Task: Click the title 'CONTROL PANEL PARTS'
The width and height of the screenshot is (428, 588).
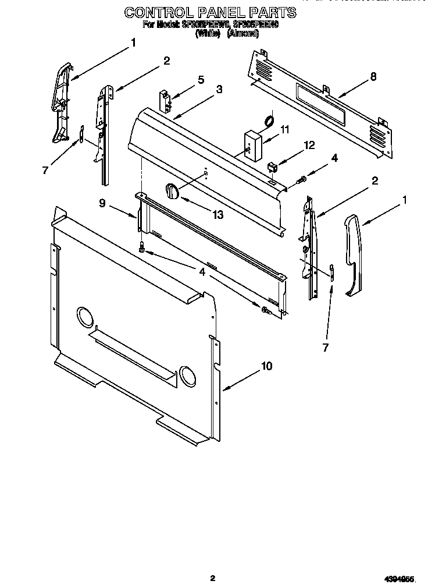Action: (210, 12)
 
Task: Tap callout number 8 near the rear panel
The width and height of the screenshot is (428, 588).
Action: (373, 76)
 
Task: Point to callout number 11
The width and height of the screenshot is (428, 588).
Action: (284, 129)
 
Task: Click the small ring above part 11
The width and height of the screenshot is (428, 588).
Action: (269, 121)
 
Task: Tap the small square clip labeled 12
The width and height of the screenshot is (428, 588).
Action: (272, 168)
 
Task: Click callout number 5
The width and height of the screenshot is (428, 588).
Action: (201, 80)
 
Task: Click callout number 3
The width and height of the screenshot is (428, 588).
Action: (219, 89)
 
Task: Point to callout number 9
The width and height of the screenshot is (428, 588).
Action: (102, 203)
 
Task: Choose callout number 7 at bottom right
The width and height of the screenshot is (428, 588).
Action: (325, 348)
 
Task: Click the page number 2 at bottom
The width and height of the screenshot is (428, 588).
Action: (213, 578)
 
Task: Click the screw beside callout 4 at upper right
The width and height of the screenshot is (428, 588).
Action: (301, 181)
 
